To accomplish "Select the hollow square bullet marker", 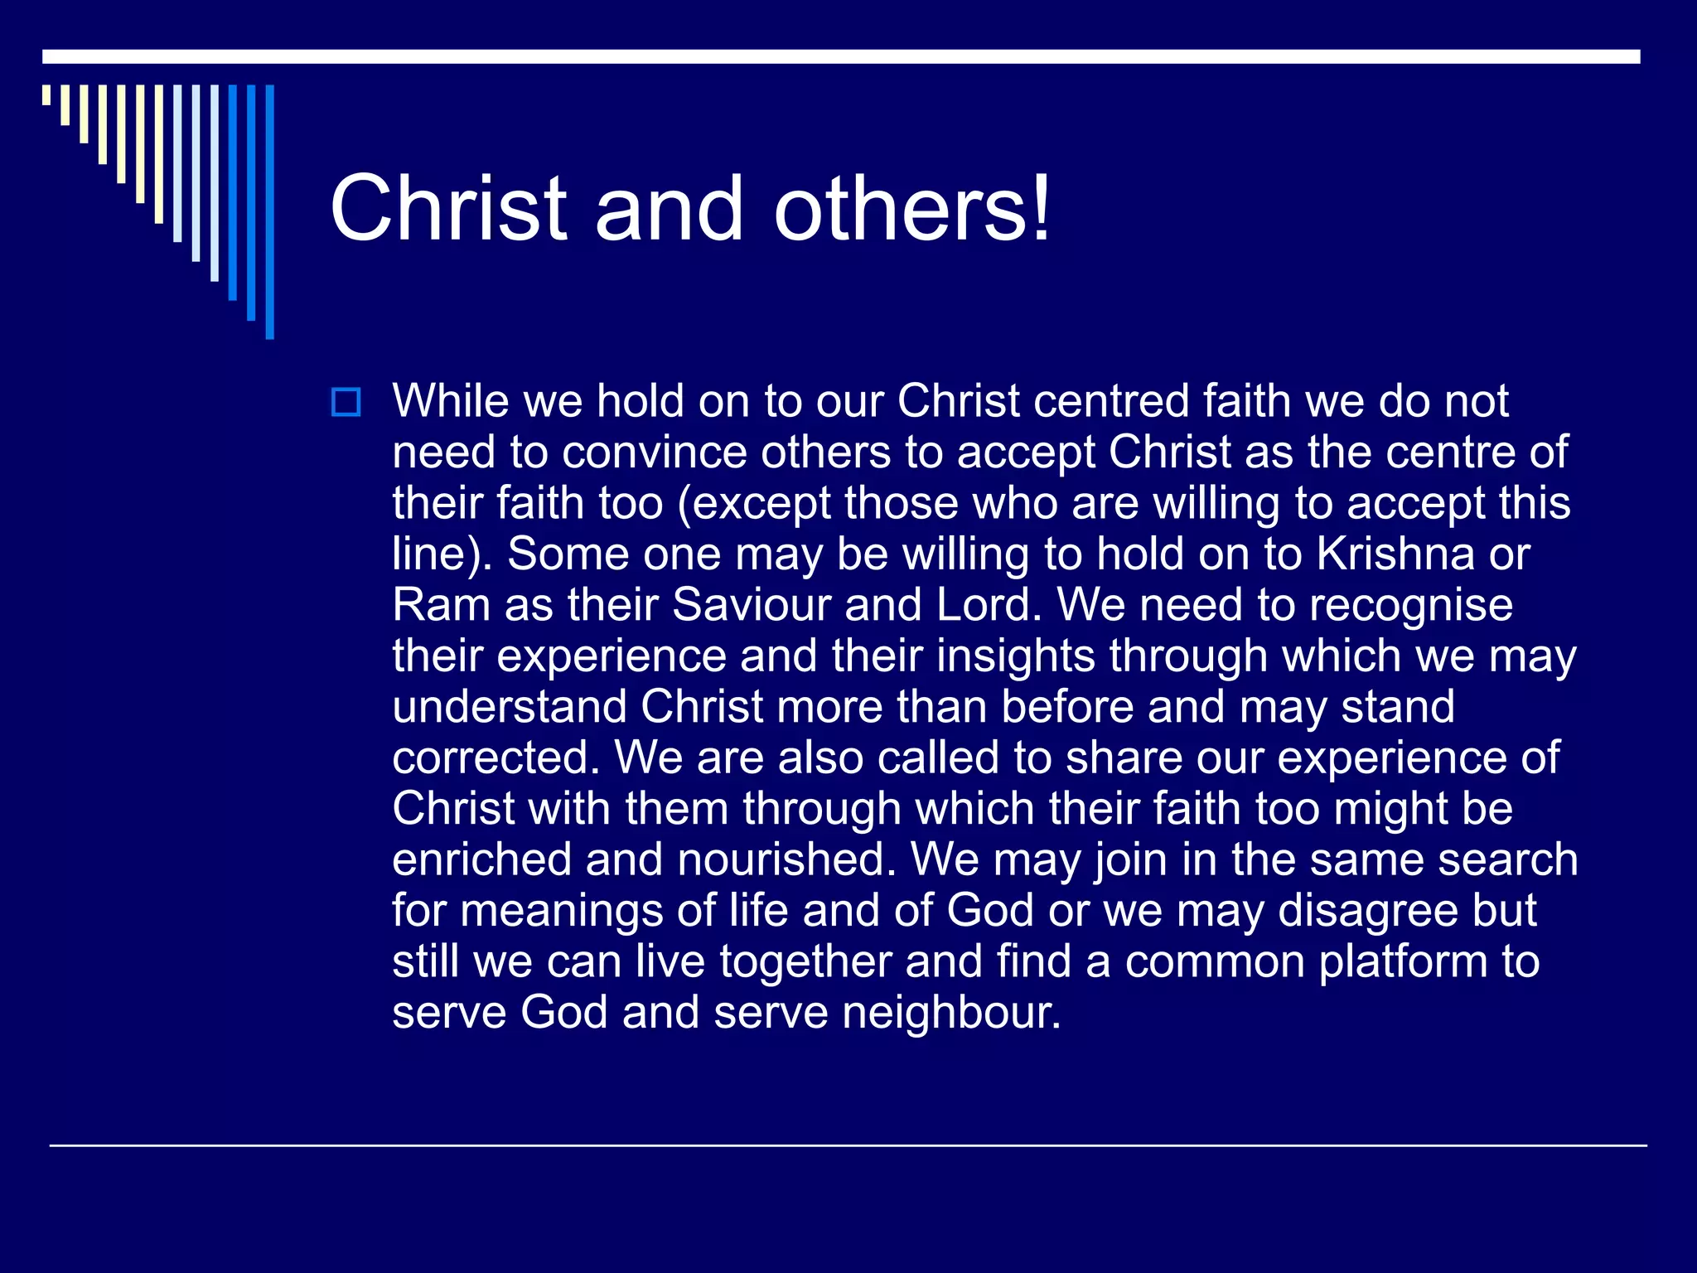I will tap(346, 403).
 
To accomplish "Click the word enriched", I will tap(481, 859).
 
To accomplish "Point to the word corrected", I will tap(495, 758).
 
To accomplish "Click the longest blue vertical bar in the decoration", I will tap(269, 211).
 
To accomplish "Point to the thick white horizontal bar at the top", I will tap(841, 56).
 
